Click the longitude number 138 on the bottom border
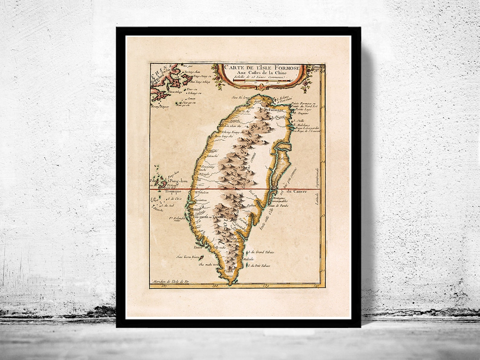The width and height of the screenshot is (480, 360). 215,285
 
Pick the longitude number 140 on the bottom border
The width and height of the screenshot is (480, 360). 316,285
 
